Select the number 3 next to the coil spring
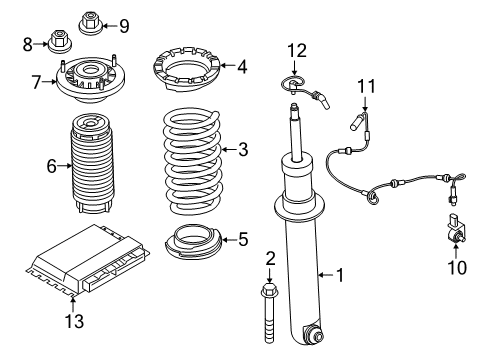241,150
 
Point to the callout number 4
241,68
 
